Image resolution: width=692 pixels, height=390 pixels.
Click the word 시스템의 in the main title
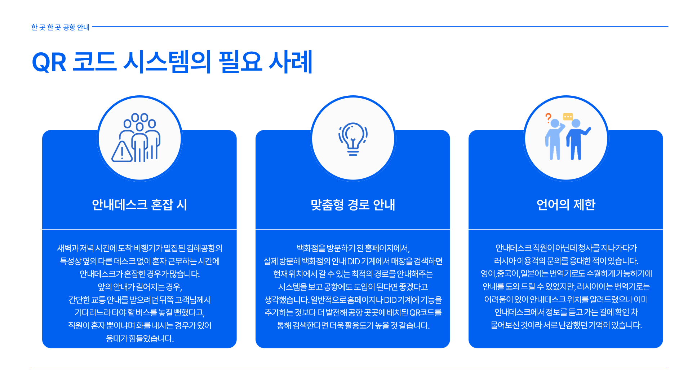point(167,62)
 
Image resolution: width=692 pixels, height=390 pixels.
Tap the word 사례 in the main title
point(290,62)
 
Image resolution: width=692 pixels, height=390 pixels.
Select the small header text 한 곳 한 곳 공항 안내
point(60,27)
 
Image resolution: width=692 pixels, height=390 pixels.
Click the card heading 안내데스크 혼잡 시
point(139,205)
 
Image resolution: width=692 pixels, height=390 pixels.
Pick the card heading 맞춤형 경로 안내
point(353,205)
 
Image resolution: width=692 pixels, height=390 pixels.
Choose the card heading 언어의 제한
point(566,205)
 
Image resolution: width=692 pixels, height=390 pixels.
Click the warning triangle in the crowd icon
point(122,152)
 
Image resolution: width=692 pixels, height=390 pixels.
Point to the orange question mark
point(548,118)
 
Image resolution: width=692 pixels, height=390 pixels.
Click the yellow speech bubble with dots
point(568,117)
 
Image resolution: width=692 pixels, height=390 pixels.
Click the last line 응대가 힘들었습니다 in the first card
point(140,339)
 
